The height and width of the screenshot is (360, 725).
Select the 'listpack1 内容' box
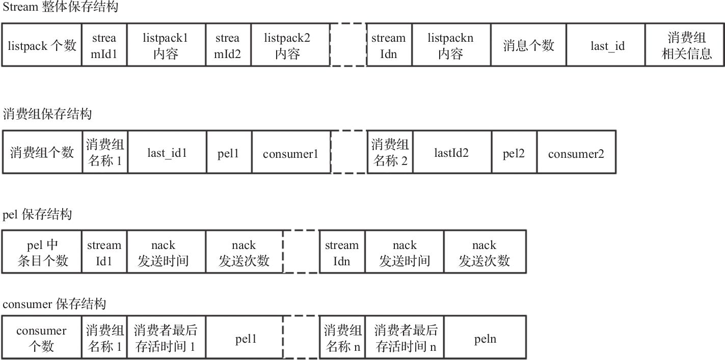pos(166,45)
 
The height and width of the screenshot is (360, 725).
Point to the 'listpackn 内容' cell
pos(450,45)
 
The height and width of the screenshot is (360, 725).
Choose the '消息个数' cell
pos(528,45)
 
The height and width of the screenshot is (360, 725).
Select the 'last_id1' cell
pos(167,152)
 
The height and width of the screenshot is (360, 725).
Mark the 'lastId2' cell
pos(451,152)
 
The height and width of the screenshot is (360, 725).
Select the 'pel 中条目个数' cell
pos(42,253)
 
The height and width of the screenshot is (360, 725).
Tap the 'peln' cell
pos(485,339)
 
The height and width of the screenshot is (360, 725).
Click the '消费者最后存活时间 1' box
pos(166,339)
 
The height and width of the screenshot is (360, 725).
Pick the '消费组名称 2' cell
pos(390,152)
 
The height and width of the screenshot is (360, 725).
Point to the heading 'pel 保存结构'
pos(37,214)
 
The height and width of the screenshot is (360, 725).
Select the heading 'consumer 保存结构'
pos(54,304)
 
